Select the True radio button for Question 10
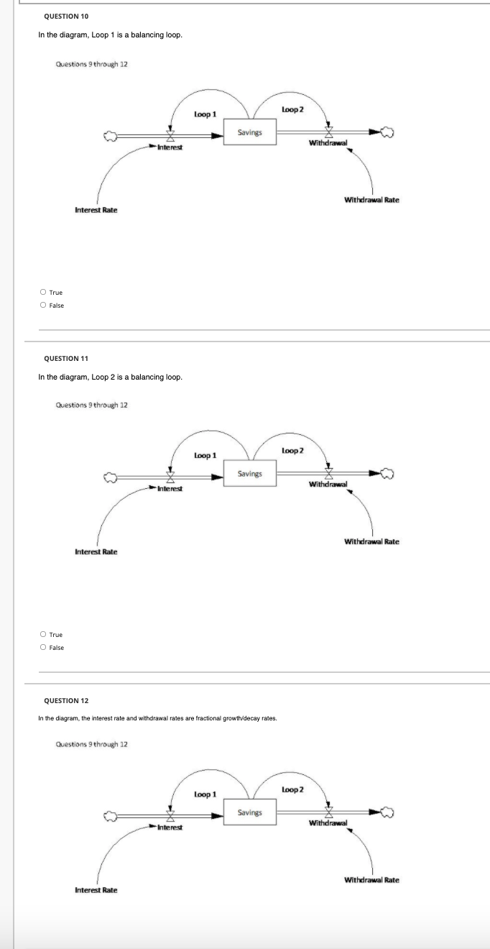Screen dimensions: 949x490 (43, 293)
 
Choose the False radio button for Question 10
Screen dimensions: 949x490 (43, 306)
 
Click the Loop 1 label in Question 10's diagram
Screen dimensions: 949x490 (205, 114)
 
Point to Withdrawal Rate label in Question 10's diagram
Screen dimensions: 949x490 (371, 199)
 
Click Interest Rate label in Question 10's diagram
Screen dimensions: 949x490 (96, 210)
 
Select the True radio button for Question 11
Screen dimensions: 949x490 (43, 635)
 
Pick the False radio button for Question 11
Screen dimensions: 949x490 (43, 648)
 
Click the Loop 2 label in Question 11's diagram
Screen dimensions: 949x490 (292, 451)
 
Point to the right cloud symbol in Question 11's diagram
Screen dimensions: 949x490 (388, 474)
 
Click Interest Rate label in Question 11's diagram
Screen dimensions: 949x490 (96, 551)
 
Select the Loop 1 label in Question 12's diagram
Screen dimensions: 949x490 (205, 794)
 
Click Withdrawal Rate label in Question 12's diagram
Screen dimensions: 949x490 (371, 880)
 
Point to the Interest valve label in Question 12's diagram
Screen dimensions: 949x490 (170, 827)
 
